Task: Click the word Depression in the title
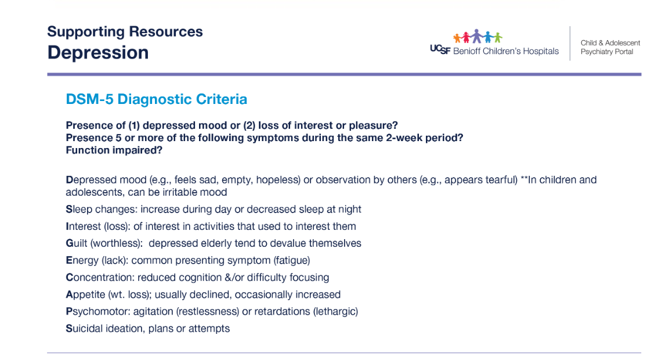(x=98, y=53)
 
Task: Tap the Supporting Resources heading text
(x=125, y=32)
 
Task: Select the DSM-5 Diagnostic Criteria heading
(x=156, y=99)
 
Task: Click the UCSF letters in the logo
(x=440, y=49)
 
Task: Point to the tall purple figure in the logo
(x=476, y=36)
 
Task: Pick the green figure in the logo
(x=497, y=38)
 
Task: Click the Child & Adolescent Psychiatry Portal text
(x=610, y=47)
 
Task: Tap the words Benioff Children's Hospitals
(x=505, y=51)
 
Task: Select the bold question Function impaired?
(x=114, y=150)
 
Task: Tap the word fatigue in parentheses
(x=292, y=261)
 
